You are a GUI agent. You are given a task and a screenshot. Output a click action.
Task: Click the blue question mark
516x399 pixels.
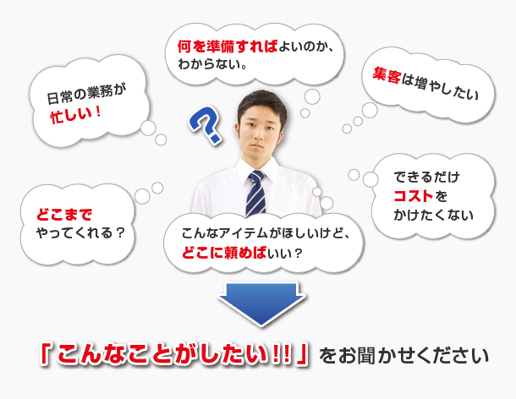point(205,124)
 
